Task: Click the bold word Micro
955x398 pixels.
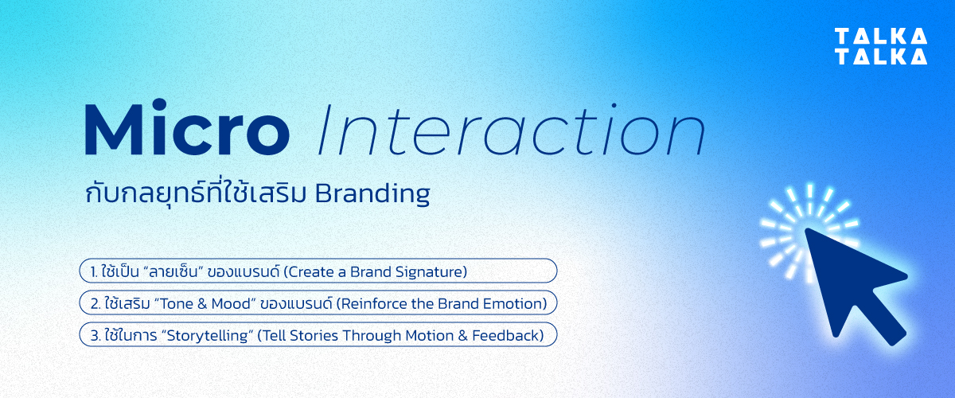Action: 186,130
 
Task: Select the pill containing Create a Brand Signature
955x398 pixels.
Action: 318,271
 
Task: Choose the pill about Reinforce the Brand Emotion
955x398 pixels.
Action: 318,303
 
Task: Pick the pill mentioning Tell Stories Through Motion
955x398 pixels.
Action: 318,335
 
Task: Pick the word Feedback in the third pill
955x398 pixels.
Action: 510,335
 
